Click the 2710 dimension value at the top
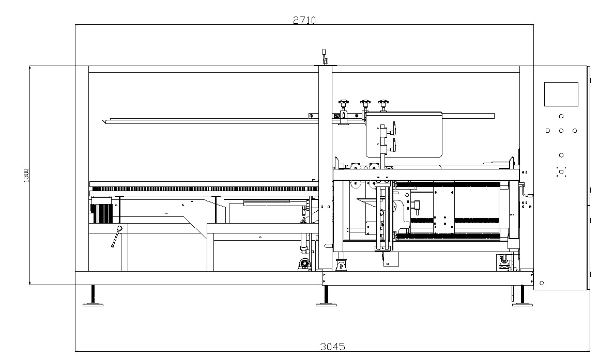pyautogui.click(x=304, y=20)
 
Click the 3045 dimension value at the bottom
pyautogui.click(x=332, y=347)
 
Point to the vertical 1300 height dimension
pyautogui.click(x=26, y=175)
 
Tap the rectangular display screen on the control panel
pyautogui.click(x=561, y=94)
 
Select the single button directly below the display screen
pyautogui.click(x=561, y=117)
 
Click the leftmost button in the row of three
pyautogui.click(x=548, y=131)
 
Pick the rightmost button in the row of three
pyautogui.click(x=575, y=131)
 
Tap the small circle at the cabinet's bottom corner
pyautogui.click(x=542, y=283)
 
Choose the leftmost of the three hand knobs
pyautogui.click(x=343, y=104)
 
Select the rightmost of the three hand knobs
pyautogui.click(x=382, y=104)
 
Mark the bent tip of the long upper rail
pyautogui.click(x=105, y=121)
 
